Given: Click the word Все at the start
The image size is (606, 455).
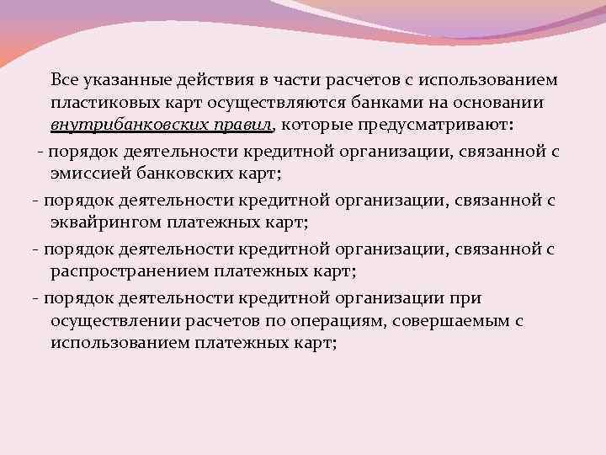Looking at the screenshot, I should tap(65, 79).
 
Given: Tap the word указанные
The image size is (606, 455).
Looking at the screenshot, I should tap(125, 79).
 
